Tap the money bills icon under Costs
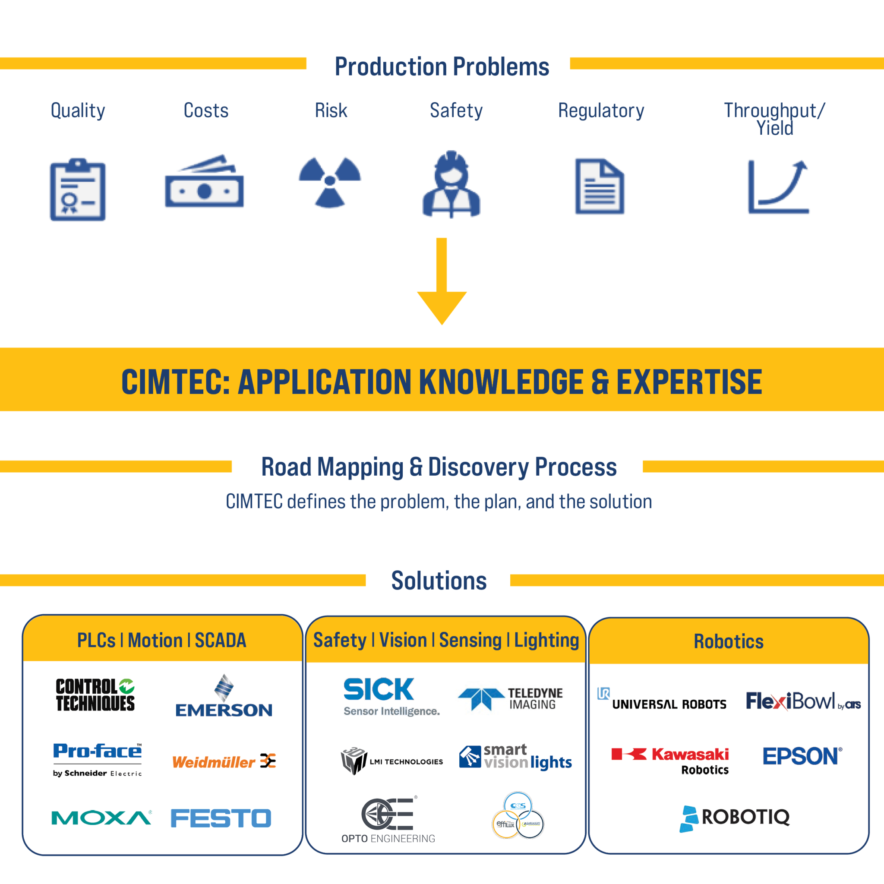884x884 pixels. tap(204, 183)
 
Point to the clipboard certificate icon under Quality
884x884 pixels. tap(78, 190)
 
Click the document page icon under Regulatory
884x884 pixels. tap(600, 186)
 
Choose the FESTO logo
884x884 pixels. tap(221, 818)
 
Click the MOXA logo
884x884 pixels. tap(101, 818)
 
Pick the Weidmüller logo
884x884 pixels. tap(224, 762)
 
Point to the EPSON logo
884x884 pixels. tap(802, 756)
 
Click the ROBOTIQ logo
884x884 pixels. tap(735, 818)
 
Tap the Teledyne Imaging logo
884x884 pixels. tap(511, 699)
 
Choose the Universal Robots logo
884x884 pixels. tap(662, 700)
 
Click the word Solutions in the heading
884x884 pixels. tap(439, 581)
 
